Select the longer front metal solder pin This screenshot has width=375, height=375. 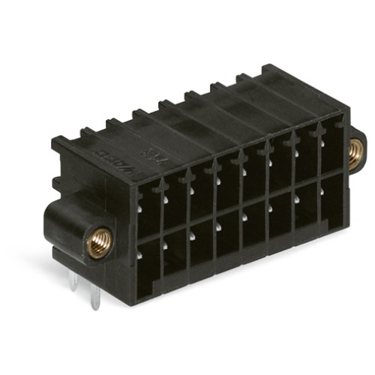point(95,297)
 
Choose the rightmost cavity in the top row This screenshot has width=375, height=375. point(332,146)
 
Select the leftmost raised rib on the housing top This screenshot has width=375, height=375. point(88,133)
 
